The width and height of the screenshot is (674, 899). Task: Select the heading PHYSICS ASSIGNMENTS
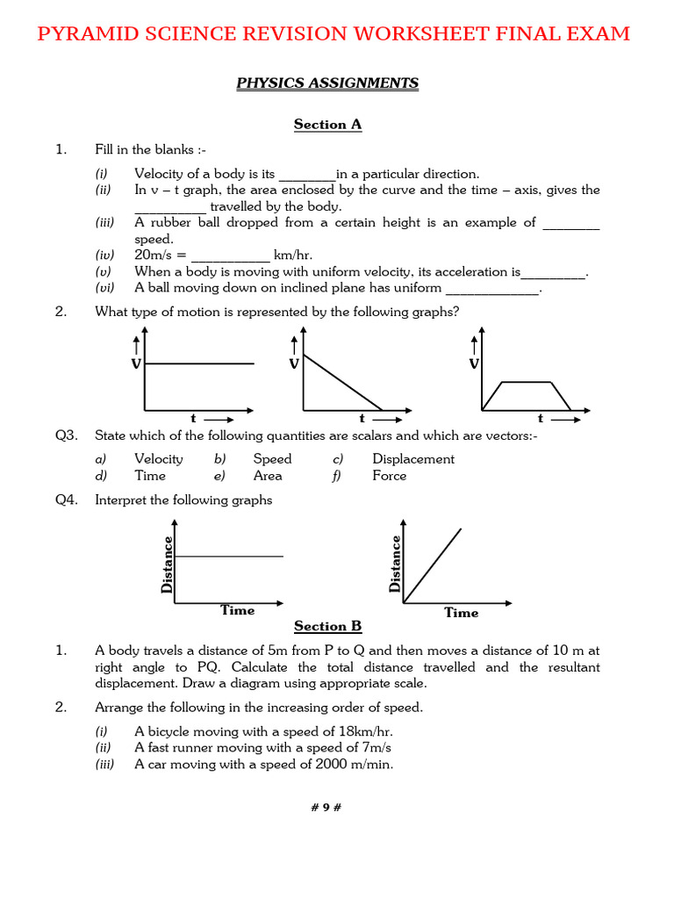[x=327, y=83]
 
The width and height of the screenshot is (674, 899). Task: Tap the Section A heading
[x=327, y=125]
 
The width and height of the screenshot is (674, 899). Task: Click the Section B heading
[x=327, y=626]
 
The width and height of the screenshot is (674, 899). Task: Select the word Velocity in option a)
[x=159, y=459]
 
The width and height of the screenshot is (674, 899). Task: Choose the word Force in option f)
[x=389, y=476]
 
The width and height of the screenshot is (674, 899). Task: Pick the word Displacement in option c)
[x=413, y=459]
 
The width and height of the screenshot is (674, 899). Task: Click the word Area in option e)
[x=268, y=476]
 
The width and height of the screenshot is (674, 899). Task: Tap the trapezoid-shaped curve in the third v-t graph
[x=525, y=382]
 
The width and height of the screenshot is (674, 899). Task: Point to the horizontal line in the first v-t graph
[x=199, y=363]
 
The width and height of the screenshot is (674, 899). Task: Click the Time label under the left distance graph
[x=237, y=610]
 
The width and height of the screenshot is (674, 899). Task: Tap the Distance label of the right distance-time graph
[x=395, y=563]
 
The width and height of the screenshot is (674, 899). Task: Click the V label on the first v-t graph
[x=136, y=363]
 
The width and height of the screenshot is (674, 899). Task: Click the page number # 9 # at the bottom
[x=327, y=808]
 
